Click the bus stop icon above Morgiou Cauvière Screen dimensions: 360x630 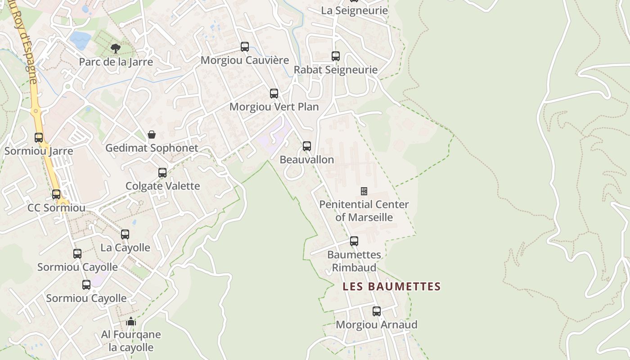pyautogui.click(x=245, y=46)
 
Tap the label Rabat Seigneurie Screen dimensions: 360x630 pyautogui.click(x=335, y=70)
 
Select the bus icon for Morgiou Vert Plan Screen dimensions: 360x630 pyautogui.click(x=274, y=94)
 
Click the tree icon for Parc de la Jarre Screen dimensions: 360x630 pyautogui.click(x=116, y=48)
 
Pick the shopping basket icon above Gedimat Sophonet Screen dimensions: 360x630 pyautogui.click(x=152, y=135)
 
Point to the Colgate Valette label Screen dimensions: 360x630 pyautogui.click(x=162, y=186)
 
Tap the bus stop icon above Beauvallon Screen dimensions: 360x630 pyautogui.click(x=307, y=146)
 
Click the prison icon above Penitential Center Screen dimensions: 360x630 pyautogui.click(x=364, y=191)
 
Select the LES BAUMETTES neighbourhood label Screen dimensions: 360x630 pyautogui.click(x=391, y=286)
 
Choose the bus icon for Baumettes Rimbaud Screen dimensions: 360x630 pyautogui.click(x=354, y=241)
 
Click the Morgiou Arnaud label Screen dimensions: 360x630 pyautogui.click(x=377, y=324)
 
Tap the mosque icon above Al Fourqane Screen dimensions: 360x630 pyautogui.click(x=131, y=321)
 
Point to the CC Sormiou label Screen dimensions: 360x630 pyautogui.click(x=56, y=208)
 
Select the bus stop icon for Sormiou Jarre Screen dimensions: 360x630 pyautogui.click(x=39, y=138)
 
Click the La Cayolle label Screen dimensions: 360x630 pyautogui.click(x=125, y=247)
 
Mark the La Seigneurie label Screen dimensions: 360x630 pyautogui.click(x=354, y=10)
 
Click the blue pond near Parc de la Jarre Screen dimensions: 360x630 pyautogui.click(x=81, y=40)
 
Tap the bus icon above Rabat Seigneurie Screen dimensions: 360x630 pyautogui.click(x=336, y=56)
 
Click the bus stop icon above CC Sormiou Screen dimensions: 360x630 pyautogui.click(x=56, y=194)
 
